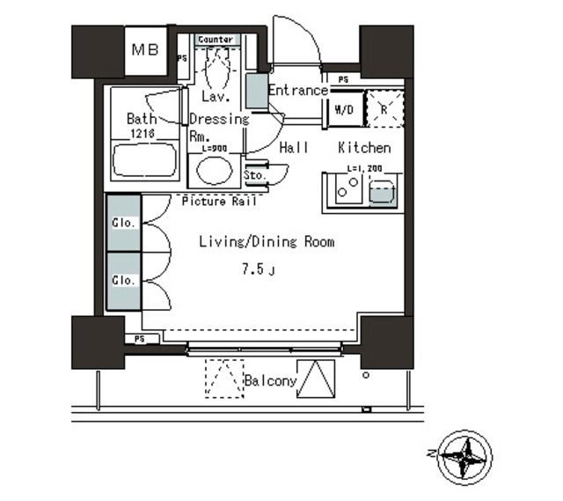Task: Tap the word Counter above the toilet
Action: (216, 40)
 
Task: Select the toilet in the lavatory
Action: (216, 66)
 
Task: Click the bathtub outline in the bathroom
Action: (144, 164)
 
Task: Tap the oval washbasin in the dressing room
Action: (214, 171)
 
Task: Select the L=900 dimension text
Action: (214, 148)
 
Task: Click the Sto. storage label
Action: (255, 176)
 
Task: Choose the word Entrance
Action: (297, 90)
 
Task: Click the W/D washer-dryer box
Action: (343, 109)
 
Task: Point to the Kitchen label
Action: (364, 148)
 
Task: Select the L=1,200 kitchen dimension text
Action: (365, 167)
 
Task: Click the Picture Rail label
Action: (220, 202)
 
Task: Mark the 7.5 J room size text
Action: (258, 269)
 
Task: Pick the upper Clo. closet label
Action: (123, 223)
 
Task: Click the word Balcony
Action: (270, 381)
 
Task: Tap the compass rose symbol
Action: (464, 458)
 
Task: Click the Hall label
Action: (294, 148)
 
